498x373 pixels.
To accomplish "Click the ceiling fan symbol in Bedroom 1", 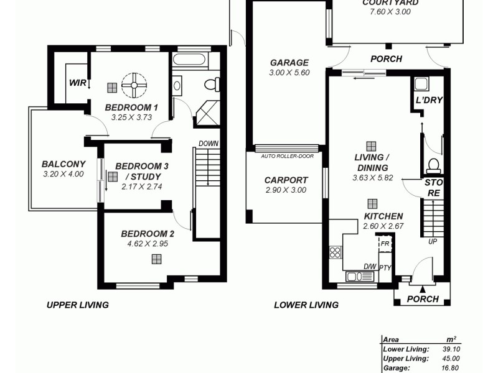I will click(x=134, y=85).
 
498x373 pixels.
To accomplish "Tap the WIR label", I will click(x=77, y=83).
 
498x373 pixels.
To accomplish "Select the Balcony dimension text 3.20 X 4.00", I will click(x=63, y=174).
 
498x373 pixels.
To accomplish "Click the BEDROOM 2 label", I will click(x=148, y=234).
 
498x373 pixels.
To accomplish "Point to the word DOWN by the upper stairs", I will click(x=209, y=144).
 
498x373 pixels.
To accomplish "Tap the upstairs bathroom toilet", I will click(x=212, y=85).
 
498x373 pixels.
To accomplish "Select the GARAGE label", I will click(x=289, y=62).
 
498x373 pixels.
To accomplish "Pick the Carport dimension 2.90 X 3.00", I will click(x=286, y=190).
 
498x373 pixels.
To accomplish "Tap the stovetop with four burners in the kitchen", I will click(x=335, y=252).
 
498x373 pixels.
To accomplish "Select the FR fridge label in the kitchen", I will click(x=385, y=244).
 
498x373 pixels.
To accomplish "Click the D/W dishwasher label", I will click(x=370, y=267).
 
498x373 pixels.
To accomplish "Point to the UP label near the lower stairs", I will click(x=432, y=241).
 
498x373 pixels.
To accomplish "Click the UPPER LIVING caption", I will click(x=78, y=305).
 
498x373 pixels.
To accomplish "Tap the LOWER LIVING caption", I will click(x=306, y=305).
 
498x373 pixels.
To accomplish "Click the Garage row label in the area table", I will click(x=397, y=367).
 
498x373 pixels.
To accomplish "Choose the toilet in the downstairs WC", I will click(x=434, y=165).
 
